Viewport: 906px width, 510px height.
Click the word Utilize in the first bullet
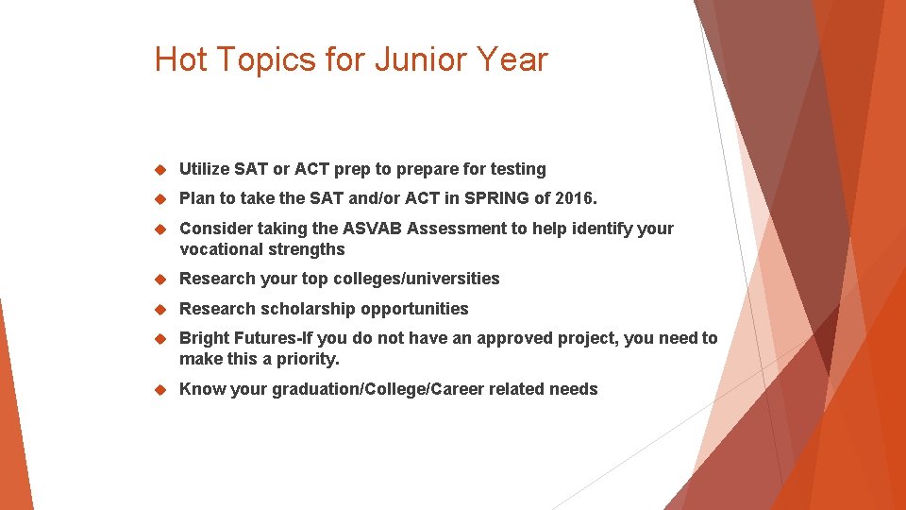click(204, 169)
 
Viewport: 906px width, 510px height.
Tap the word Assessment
click(453, 229)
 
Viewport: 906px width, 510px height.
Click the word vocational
click(216, 249)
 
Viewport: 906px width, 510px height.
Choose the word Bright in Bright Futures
click(202, 338)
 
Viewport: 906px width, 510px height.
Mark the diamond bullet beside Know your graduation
click(160, 389)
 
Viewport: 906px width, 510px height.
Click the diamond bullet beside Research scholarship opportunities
click(160, 309)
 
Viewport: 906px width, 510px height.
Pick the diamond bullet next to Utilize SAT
click(160, 169)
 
